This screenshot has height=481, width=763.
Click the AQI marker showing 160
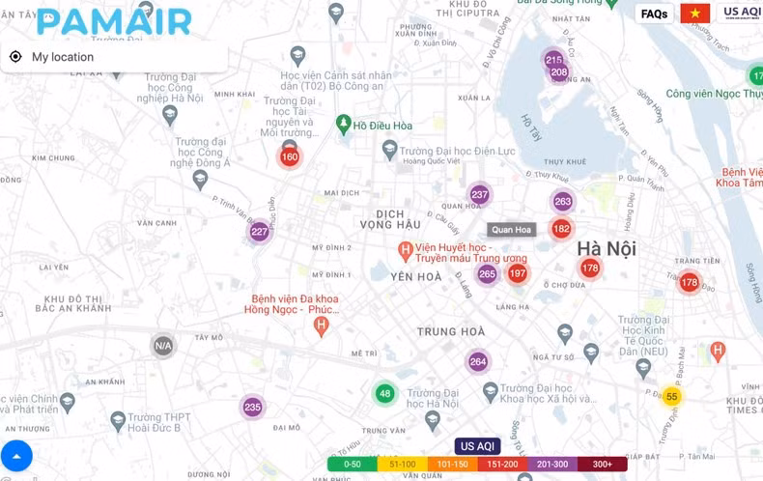pos(290,156)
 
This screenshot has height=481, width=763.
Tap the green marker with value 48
pos(385,393)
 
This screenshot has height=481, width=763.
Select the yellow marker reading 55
pos(672,397)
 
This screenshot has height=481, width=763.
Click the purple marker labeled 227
pos(259,232)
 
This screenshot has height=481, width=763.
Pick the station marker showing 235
pos(252,408)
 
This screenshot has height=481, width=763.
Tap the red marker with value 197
pos(518,273)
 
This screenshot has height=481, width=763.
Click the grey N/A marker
pos(163,346)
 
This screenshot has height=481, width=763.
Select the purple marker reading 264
pos(478,362)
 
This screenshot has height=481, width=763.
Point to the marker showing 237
pos(480,194)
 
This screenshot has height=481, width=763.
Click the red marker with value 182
pos(561,229)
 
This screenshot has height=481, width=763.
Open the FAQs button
pos(654,14)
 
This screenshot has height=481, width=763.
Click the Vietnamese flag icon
pos(695,14)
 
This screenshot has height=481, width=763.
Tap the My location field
pos(116,57)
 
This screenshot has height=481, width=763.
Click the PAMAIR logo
pos(114,20)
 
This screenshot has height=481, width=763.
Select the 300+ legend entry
pos(603,465)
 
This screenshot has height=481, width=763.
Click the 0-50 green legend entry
pos(353,465)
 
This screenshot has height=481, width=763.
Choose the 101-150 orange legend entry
pos(453,465)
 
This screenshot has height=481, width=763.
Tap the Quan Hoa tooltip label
pos(511,230)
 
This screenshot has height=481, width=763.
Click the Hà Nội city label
pos(607,248)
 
